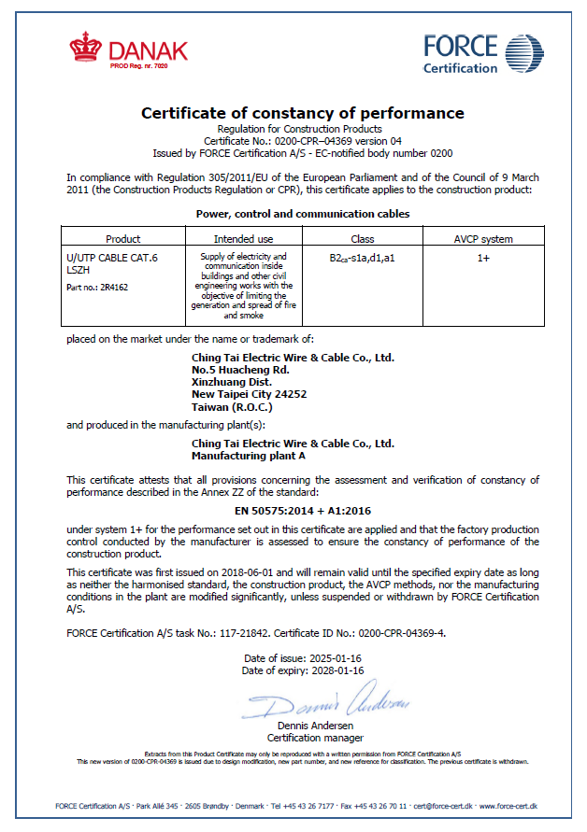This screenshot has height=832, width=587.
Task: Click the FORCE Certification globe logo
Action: [x=523, y=54]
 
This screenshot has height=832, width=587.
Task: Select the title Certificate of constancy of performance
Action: [x=302, y=113]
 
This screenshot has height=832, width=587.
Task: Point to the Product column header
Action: [x=122, y=239]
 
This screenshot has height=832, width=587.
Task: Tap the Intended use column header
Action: [x=243, y=239]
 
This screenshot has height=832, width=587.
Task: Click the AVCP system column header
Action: [x=482, y=239]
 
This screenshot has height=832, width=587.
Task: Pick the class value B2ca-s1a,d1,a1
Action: [x=362, y=257]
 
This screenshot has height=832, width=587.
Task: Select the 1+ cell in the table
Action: [x=482, y=257]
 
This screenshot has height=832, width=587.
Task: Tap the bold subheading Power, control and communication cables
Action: [x=302, y=214]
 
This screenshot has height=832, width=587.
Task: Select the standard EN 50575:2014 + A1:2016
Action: [x=302, y=511]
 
